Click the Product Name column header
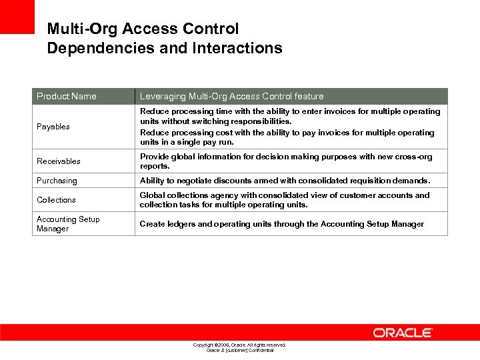(x=66, y=96)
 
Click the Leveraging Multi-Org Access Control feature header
(x=231, y=96)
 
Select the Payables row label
(x=53, y=127)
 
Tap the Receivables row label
(x=59, y=161)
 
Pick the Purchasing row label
(x=57, y=181)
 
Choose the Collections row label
(x=56, y=200)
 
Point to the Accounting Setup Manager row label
(x=68, y=224)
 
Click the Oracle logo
(x=403, y=332)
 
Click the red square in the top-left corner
(x=17, y=17)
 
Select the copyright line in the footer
(x=239, y=345)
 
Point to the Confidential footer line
(x=239, y=350)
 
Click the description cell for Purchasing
(x=285, y=181)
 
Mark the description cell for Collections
(x=285, y=200)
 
